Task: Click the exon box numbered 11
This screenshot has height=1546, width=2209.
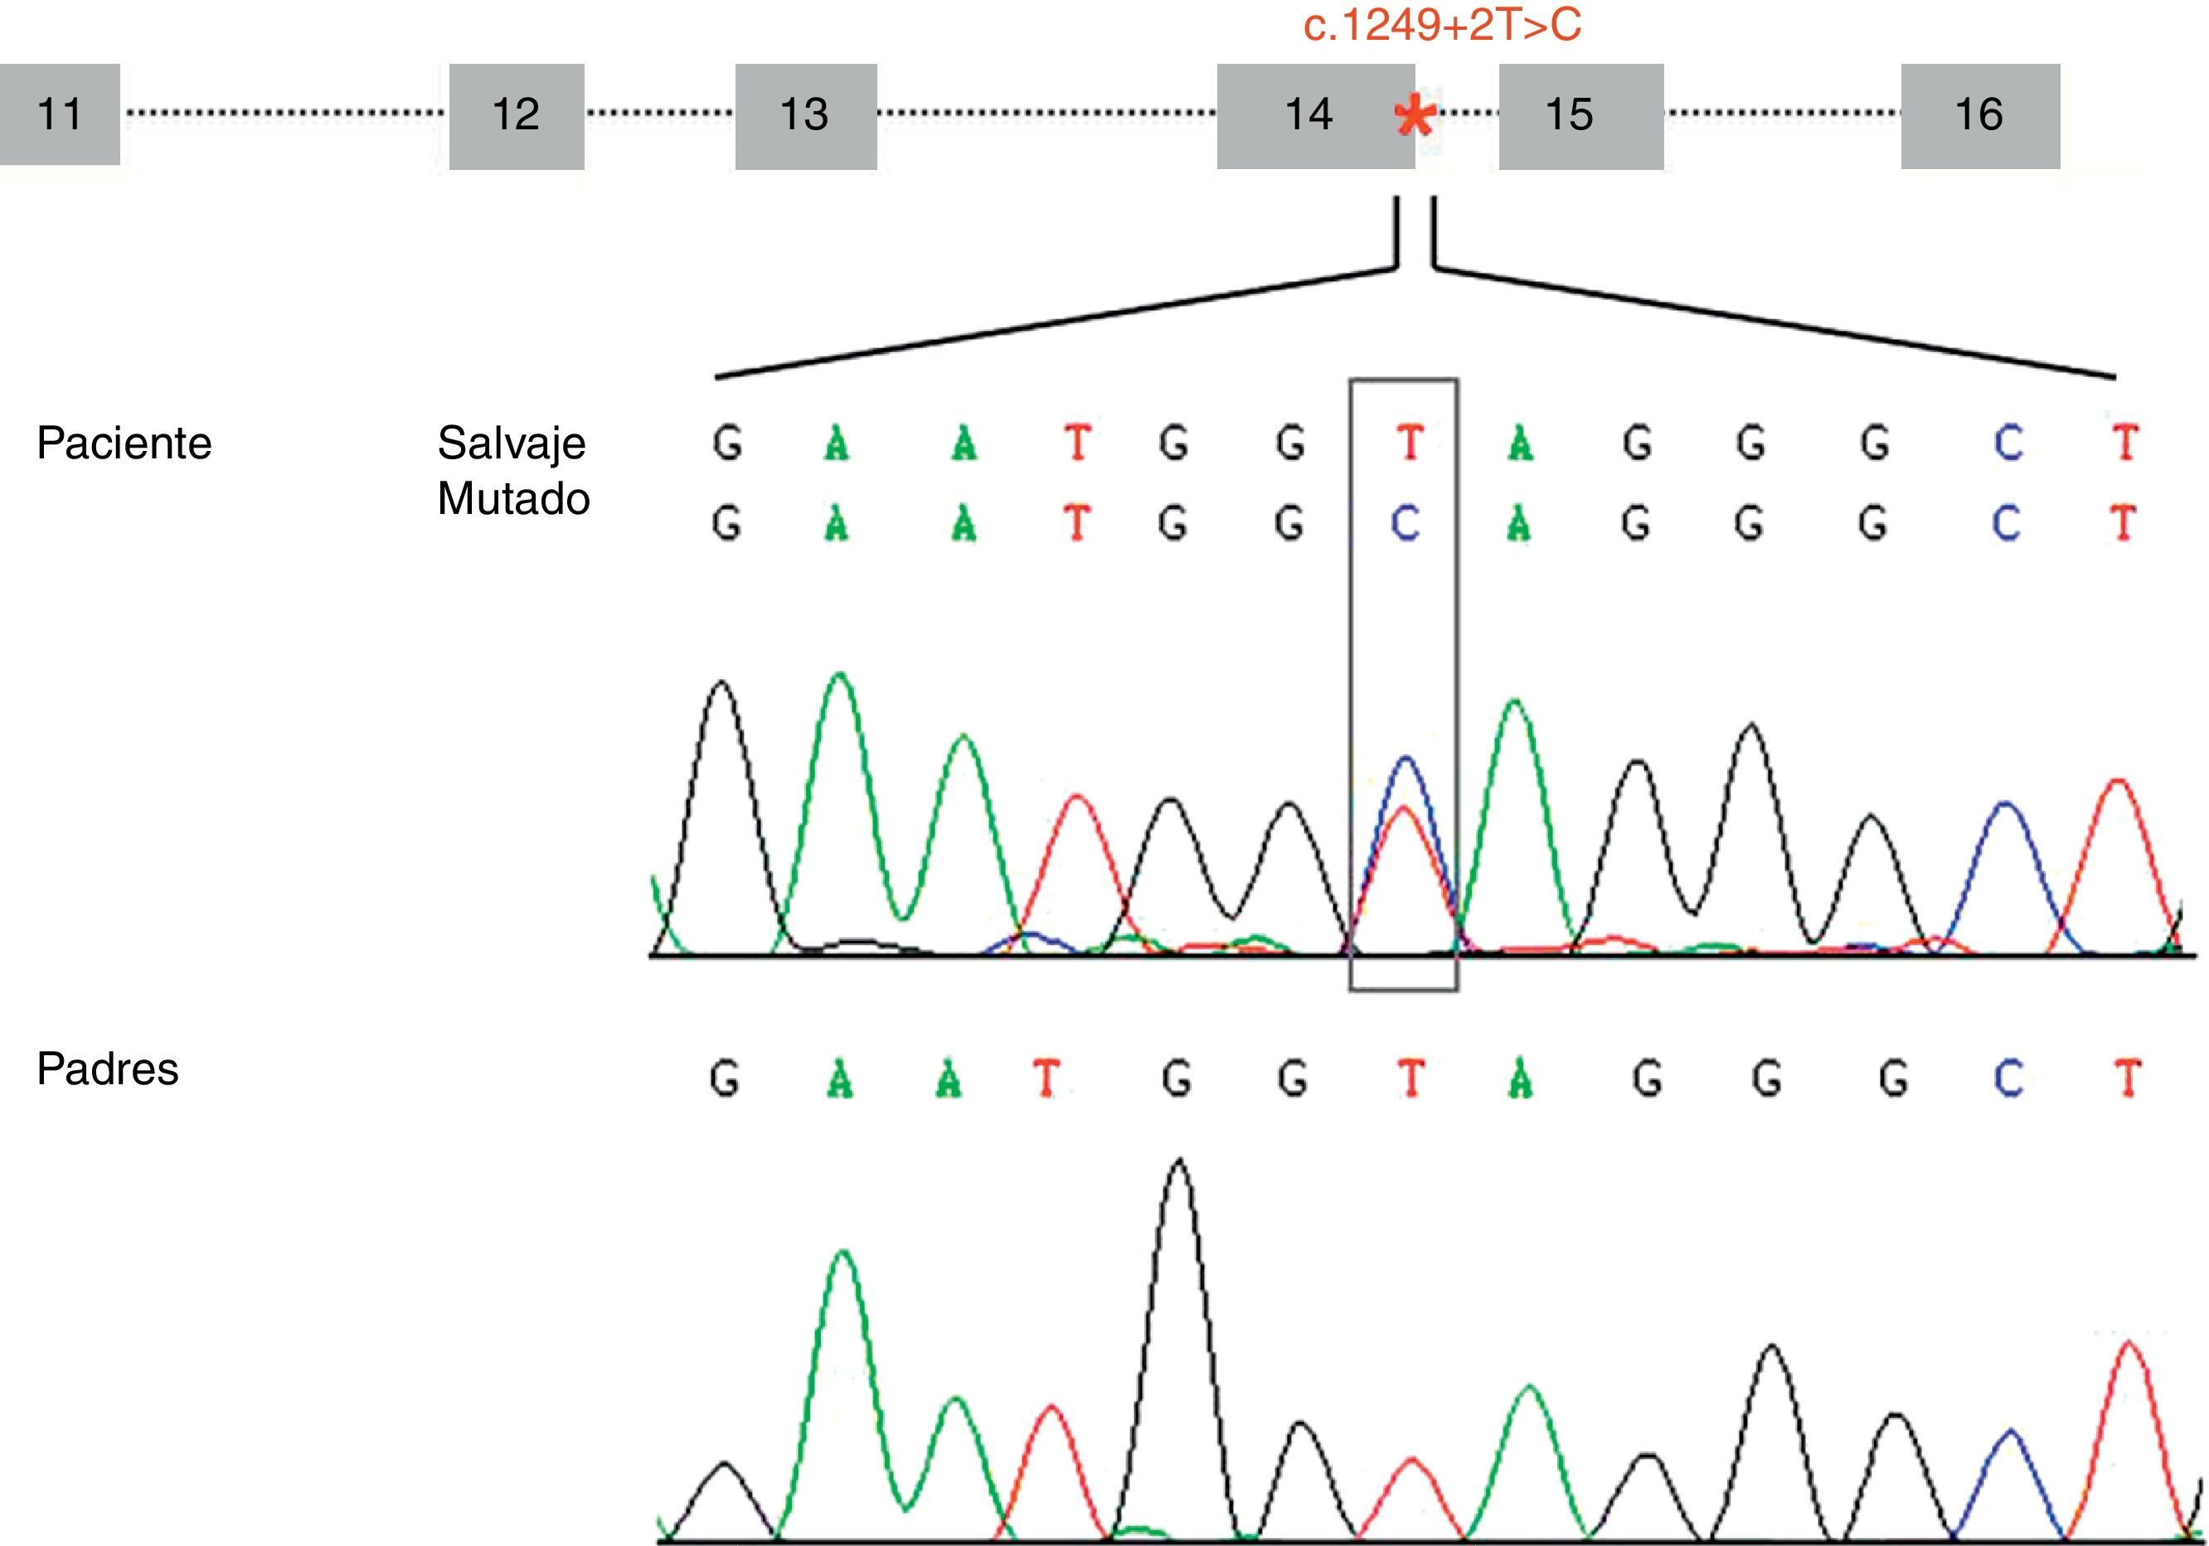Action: [60, 114]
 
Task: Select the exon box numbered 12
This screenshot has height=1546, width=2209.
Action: [517, 116]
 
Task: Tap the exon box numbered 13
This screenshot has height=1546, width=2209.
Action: [806, 116]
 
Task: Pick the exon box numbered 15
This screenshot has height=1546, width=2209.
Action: [1580, 116]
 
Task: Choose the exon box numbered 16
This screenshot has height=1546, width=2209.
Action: [1980, 116]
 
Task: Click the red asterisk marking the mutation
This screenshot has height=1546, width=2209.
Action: [1415, 119]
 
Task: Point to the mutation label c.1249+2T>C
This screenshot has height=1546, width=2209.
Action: [1442, 25]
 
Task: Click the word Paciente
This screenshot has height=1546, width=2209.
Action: [124, 443]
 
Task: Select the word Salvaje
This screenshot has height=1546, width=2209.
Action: [511, 443]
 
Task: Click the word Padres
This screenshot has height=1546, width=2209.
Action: [108, 1069]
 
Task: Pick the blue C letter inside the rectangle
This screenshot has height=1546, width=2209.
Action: [1406, 524]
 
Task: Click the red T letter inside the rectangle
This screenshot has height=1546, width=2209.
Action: [1410, 443]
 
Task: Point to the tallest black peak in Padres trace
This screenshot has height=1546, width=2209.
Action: [1180, 1163]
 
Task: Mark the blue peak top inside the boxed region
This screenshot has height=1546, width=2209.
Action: [1406, 759]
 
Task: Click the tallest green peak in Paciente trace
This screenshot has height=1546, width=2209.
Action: [840, 675]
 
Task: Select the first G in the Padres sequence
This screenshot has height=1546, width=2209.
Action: [725, 1079]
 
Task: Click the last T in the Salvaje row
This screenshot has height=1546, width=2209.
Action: [2124, 443]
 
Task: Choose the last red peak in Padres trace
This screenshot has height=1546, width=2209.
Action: [2129, 1343]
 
